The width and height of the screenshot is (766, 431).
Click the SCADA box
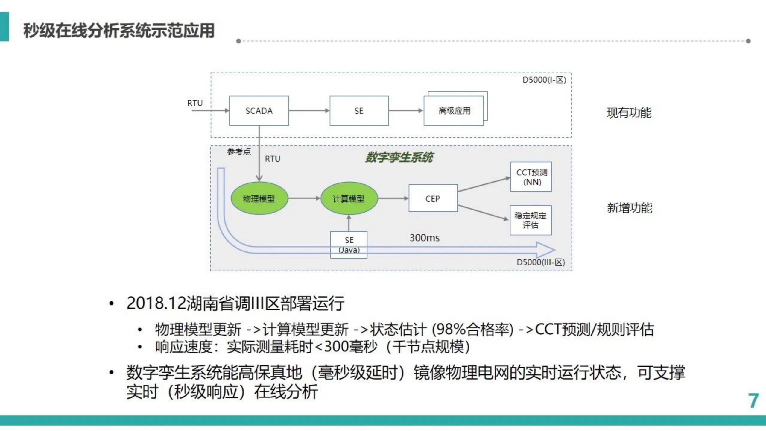point(259,111)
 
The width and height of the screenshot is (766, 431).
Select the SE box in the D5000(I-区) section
point(359,111)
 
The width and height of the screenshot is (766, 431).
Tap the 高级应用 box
point(454,111)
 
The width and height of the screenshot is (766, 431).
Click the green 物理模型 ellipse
point(259,198)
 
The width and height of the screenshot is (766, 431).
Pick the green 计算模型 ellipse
point(349,198)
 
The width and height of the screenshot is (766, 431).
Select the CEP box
point(433,198)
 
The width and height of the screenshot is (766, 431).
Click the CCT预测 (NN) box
point(531,177)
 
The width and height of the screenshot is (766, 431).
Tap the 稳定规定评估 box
point(531,220)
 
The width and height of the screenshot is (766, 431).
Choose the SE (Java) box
point(349,244)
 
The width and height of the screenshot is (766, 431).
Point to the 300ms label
point(424,238)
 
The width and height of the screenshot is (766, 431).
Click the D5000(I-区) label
point(544,80)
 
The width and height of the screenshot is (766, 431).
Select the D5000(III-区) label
point(540,262)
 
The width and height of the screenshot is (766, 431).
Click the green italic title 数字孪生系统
point(399,157)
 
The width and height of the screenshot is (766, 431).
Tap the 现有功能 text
point(629,113)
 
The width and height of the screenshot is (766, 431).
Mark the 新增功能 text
point(629,208)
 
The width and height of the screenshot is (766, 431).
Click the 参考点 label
point(239,151)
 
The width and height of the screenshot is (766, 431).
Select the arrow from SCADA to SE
point(309,111)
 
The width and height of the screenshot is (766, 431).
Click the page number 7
point(753,401)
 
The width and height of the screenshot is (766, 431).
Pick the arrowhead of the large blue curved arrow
point(546,250)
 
